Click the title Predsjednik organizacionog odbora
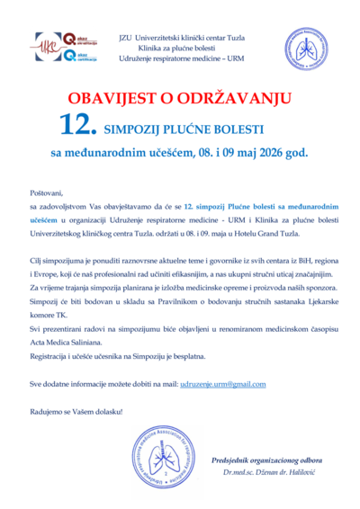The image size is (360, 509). (x=263, y=460)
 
